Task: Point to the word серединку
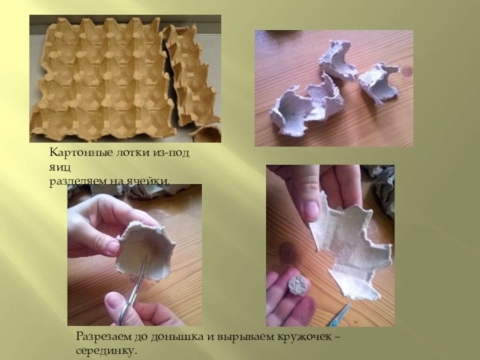(106, 350)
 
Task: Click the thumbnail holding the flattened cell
(312, 211)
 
